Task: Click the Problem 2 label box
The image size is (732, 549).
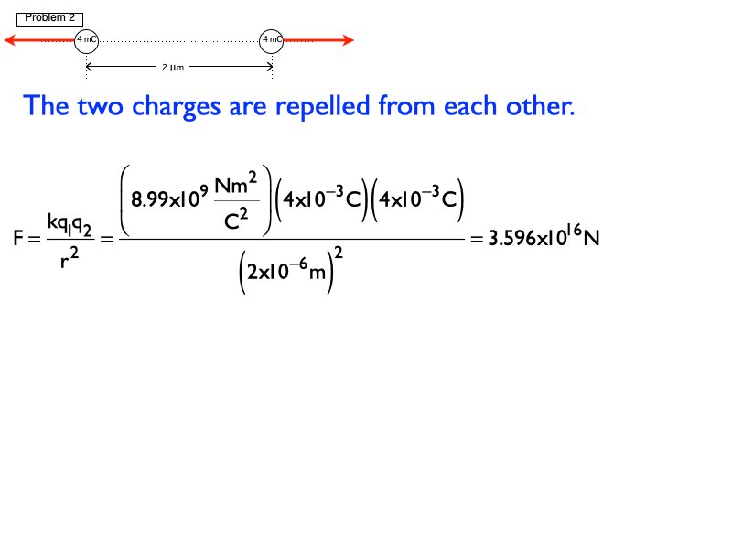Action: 49,18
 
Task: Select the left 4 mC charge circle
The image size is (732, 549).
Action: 87,40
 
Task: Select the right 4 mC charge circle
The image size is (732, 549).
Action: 272,40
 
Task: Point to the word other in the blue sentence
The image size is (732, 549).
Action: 542,106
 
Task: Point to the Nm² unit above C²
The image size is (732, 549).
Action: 238,185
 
